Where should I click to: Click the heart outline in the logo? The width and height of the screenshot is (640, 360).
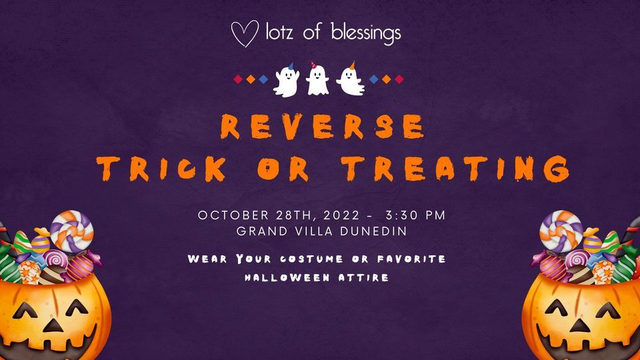244,34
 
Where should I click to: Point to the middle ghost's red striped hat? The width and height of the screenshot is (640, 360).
314,65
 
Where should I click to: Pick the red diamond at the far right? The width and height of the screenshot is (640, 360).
399,79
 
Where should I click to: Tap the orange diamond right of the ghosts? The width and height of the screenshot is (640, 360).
385,79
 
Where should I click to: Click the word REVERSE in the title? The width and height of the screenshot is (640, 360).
323,127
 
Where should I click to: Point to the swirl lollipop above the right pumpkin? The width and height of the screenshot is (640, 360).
561,226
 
